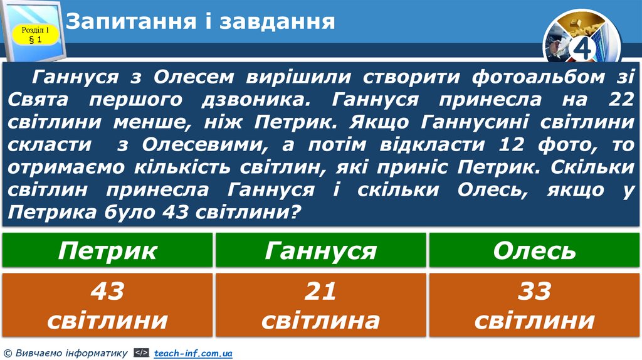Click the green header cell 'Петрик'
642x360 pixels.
click(x=107, y=251)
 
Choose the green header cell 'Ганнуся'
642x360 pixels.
click(x=321, y=251)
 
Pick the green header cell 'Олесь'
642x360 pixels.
click(x=534, y=251)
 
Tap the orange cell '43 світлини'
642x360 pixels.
click(x=107, y=305)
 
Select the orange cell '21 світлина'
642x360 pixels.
click(x=321, y=305)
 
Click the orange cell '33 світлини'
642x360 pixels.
click(x=534, y=305)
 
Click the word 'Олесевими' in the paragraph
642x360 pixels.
click(x=199, y=144)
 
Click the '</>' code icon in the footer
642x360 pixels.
click(x=141, y=354)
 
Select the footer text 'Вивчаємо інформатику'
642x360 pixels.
click(x=70, y=354)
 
